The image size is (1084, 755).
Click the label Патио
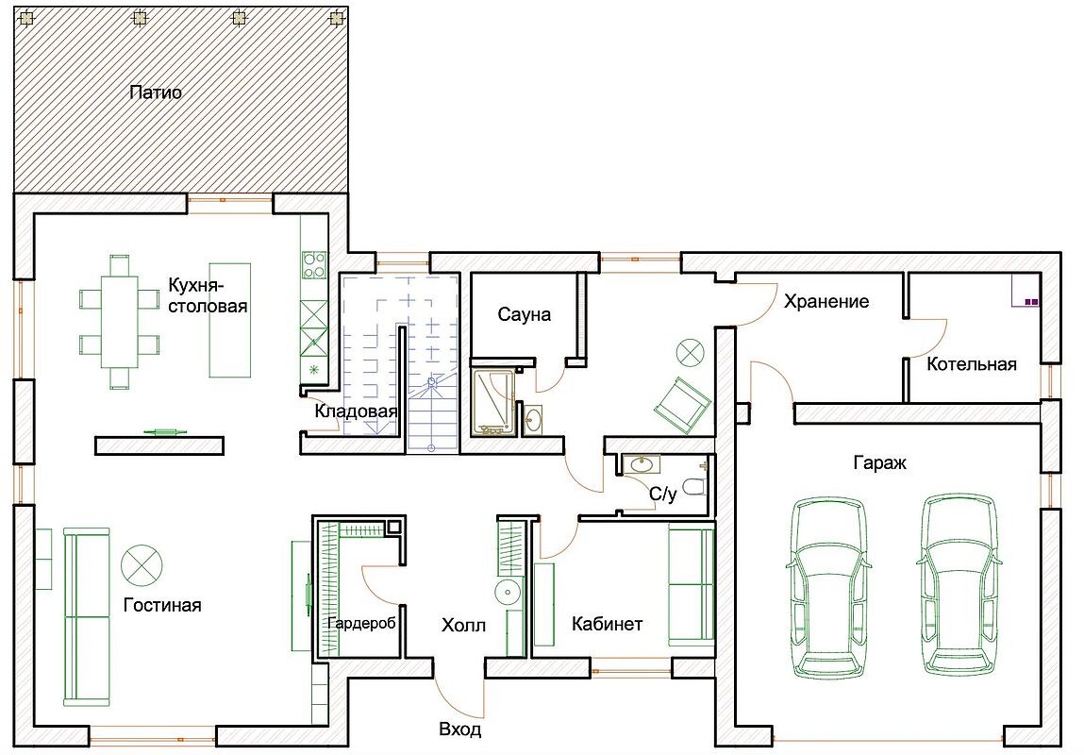[x=156, y=92]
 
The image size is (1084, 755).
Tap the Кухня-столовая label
[x=208, y=295]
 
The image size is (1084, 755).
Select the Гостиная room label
[x=162, y=605]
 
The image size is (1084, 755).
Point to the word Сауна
[x=524, y=314]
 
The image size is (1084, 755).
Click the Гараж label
[x=879, y=462]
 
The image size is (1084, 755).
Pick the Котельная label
[x=972, y=364]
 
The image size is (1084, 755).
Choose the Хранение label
[x=826, y=301]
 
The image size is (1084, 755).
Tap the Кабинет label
[x=607, y=624]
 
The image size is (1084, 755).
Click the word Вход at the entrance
[x=459, y=730]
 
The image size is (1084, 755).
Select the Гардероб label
[x=362, y=624]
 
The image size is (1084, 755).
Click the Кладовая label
[x=356, y=411]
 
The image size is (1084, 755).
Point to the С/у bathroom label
[x=662, y=494]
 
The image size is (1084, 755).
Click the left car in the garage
[x=827, y=586]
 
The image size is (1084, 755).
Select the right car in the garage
[x=959, y=584]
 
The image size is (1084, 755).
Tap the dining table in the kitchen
[x=120, y=322]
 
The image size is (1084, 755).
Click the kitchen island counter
[x=230, y=319]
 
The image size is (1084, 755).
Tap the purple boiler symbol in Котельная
[x=1031, y=302]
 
